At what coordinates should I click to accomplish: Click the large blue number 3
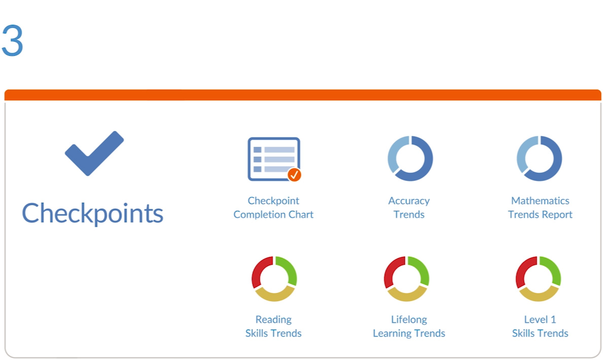click(12, 41)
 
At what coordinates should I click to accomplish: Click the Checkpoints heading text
click(92, 212)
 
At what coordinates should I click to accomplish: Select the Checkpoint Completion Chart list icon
click(274, 159)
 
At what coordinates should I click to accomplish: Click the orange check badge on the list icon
click(295, 174)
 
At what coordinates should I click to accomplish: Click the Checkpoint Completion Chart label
click(273, 207)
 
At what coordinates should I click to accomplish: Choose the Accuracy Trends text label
click(409, 207)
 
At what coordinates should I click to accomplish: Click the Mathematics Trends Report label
click(540, 207)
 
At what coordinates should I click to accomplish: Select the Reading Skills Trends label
click(273, 326)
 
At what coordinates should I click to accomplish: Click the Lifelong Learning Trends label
click(409, 326)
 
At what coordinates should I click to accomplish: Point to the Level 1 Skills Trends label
click(540, 326)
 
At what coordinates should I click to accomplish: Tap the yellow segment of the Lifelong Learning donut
click(407, 296)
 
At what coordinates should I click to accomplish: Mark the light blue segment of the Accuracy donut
click(394, 153)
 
